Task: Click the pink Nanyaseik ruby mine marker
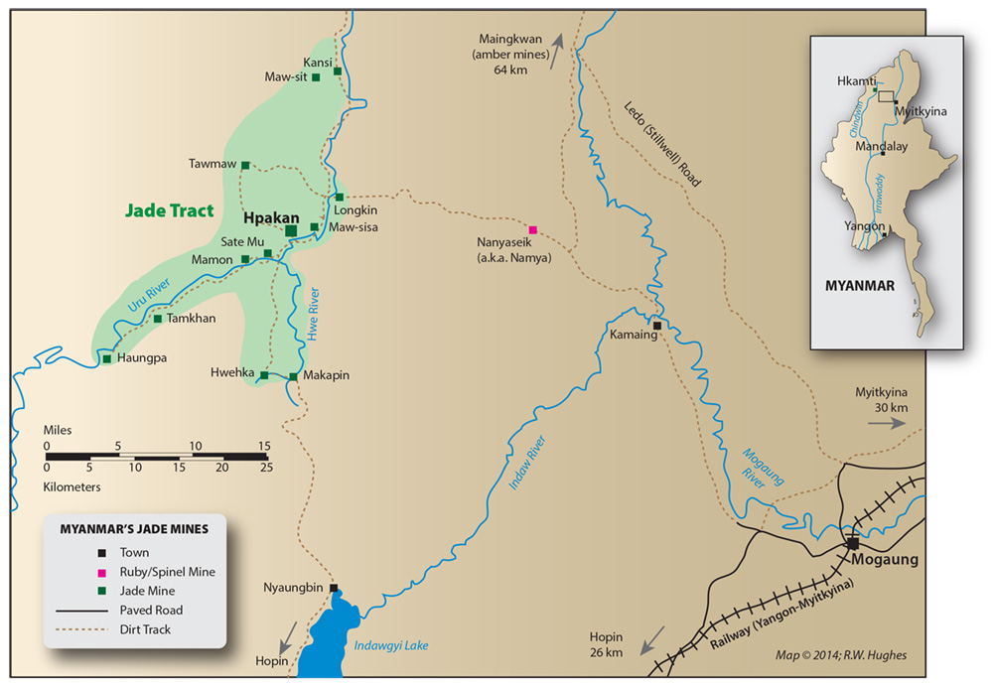point(532,228)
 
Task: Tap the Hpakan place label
point(262,215)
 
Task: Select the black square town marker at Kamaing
point(656,325)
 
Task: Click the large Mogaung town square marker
point(852,543)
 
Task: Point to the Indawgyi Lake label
point(391,646)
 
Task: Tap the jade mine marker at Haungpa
point(106,358)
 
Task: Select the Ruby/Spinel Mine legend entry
point(167,572)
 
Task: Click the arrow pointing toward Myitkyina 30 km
point(886,422)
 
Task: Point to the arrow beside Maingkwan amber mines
point(557,43)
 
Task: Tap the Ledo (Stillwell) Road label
point(662,144)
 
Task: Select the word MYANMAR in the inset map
point(860,286)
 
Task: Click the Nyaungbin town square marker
point(334,587)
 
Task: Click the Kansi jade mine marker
point(338,71)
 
